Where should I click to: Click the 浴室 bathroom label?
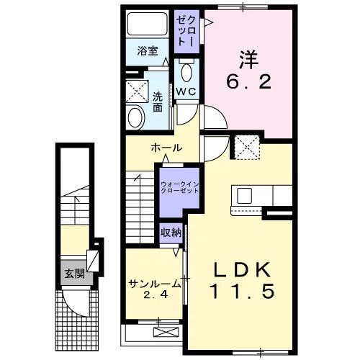148,51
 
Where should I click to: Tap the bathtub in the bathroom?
147,24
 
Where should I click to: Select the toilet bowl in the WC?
187,73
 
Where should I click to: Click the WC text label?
186,91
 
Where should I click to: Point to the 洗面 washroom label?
158,102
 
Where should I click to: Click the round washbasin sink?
135,118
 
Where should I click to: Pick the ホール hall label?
166,148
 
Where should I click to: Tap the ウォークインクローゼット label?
180,187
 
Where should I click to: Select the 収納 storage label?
171,233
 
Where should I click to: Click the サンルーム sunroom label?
154,284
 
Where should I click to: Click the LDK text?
242,270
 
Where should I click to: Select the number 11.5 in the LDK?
242,291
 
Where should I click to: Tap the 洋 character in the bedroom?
248,60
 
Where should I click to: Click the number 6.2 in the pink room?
249,81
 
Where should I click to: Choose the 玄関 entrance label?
75,274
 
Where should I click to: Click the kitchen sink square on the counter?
245,196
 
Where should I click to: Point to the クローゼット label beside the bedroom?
186,32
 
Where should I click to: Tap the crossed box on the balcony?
166,332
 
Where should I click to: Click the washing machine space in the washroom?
137,91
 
